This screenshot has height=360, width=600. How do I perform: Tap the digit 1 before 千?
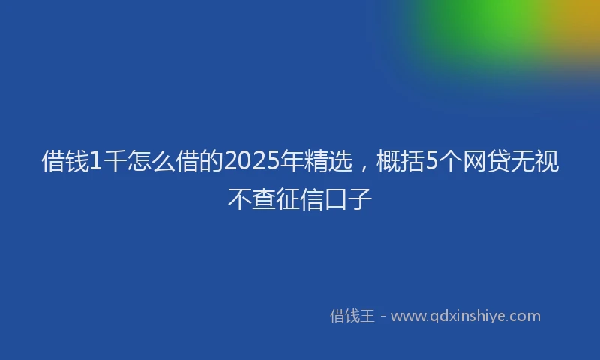pos(95,162)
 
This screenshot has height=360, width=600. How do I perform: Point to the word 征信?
pos(300,199)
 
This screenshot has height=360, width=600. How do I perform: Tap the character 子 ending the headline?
pos(361,199)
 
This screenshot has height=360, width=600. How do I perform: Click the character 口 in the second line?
pos(337,199)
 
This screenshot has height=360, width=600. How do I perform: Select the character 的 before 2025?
pos(210,162)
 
